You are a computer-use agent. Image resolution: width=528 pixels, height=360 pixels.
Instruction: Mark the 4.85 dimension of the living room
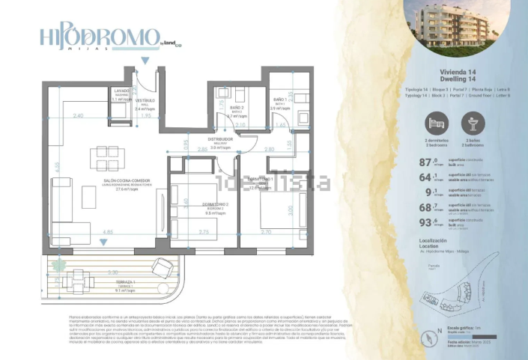(x=108, y=233)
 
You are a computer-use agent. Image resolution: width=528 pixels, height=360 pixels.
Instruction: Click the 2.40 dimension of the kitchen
(x=79, y=115)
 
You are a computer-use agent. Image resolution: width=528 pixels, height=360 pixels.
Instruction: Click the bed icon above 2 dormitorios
(x=435, y=123)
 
